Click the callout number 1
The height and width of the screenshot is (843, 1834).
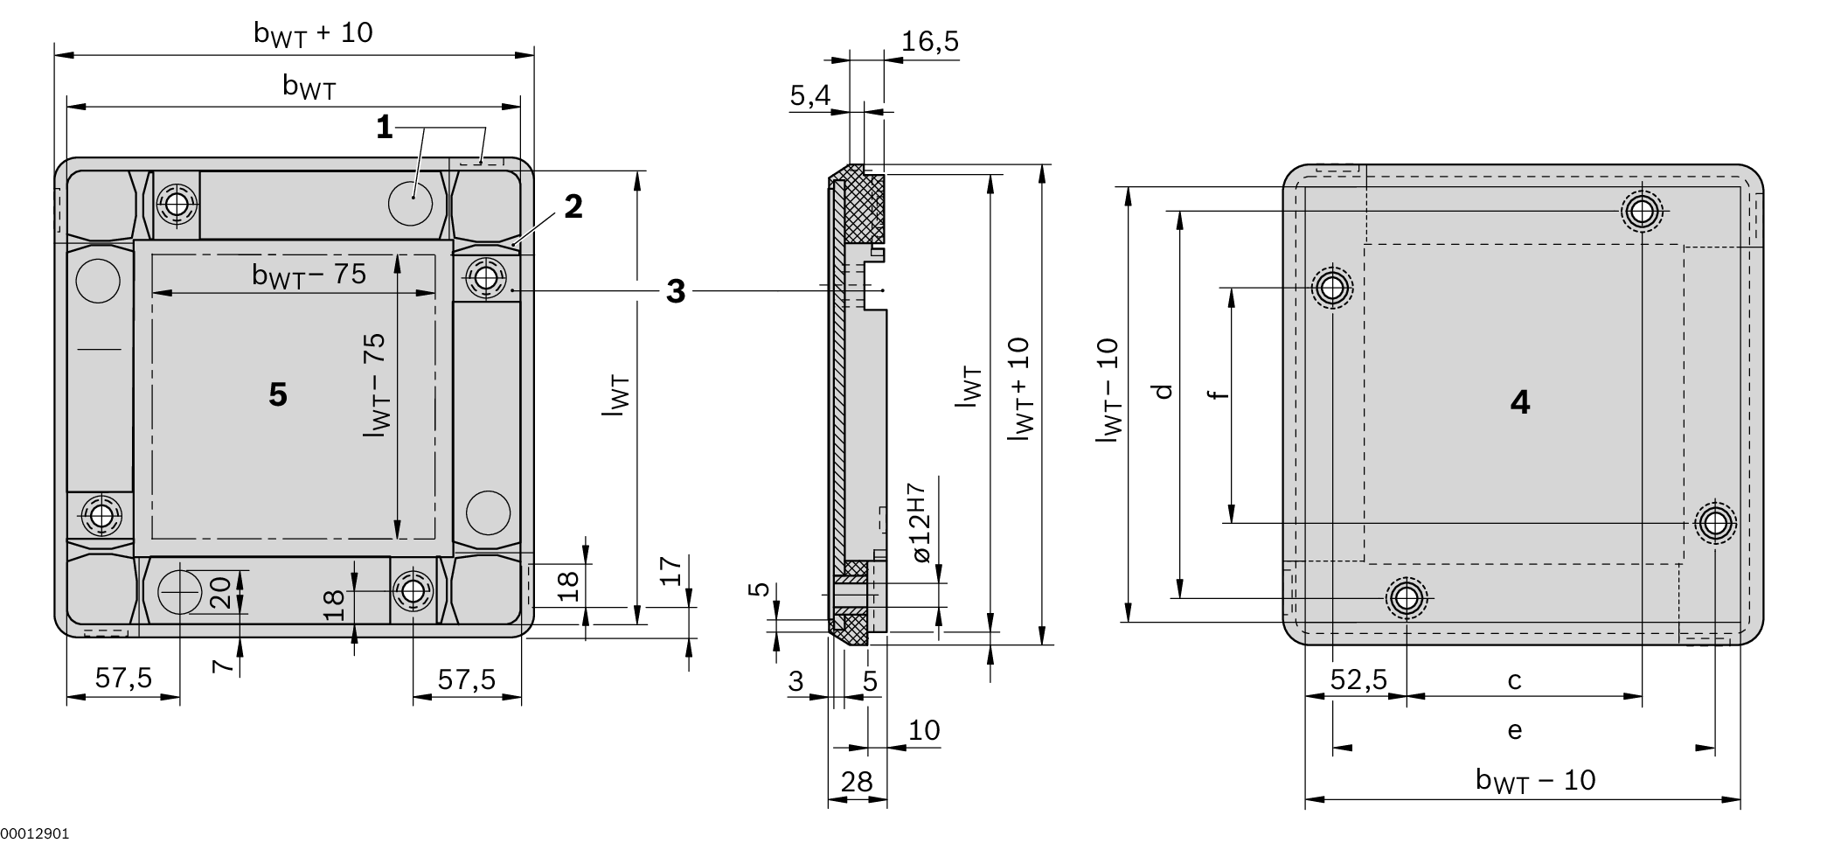tap(384, 129)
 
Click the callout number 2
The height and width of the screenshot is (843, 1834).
tap(573, 207)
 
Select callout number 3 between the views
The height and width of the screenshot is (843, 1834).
tap(676, 291)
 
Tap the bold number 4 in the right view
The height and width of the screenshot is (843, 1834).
tap(1520, 402)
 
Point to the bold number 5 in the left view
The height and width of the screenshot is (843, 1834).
tap(278, 395)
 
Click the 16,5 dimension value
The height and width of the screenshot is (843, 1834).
tap(930, 41)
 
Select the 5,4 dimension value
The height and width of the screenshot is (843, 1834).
tap(810, 95)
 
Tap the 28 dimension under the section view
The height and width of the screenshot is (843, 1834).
tap(857, 781)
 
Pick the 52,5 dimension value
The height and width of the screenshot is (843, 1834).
tap(1358, 679)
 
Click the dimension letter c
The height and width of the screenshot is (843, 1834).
tap(1515, 679)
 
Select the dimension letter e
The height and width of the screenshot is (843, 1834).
tap(1515, 729)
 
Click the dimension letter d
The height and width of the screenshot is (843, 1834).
tap(1163, 391)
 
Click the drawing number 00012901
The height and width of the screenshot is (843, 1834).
tap(35, 834)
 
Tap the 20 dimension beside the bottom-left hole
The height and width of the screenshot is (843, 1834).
tap(222, 592)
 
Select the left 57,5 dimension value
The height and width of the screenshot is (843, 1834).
tap(123, 678)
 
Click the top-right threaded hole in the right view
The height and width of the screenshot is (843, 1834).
tap(1642, 211)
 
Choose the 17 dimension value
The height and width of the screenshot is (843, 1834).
tap(670, 571)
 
